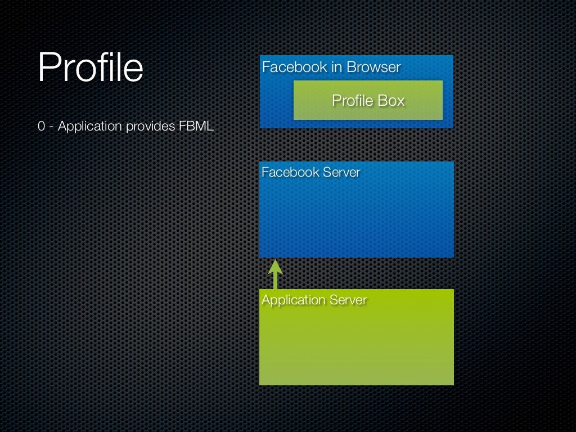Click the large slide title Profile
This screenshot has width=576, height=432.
91,67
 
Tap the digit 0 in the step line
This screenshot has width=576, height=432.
42,127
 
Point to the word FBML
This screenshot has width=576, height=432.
196,127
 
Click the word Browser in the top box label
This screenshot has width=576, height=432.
373,67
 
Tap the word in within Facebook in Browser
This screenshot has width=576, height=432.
336,67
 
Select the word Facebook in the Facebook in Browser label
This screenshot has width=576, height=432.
295,67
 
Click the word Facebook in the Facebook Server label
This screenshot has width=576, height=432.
290,173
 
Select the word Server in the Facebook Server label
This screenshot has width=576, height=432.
341,173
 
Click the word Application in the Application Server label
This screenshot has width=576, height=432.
294,300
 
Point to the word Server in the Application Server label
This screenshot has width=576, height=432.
348,300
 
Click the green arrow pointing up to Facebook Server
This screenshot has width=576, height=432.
275,276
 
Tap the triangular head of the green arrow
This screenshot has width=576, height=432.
275,266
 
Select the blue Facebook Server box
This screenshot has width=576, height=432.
356,219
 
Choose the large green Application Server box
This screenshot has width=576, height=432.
356,346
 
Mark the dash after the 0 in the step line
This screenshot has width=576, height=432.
51,127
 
